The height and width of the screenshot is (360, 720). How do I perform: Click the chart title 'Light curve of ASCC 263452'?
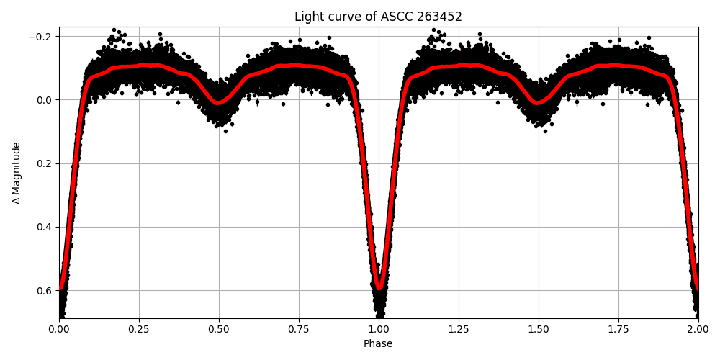point(378,17)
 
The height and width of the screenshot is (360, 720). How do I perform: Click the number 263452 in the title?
point(436,17)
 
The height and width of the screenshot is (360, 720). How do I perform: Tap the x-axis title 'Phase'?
point(378,344)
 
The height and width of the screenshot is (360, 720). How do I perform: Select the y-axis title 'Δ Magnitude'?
point(17,173)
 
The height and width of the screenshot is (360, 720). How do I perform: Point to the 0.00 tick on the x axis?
point(59,329)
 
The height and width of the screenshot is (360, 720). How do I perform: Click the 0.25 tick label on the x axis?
point(139,329)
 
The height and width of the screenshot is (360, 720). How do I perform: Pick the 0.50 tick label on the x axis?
point(219,329)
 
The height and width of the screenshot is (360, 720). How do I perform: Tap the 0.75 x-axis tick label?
point(299,329)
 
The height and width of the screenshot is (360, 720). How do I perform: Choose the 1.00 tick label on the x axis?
point(379,329)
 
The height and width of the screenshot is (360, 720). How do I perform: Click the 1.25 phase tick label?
point(459,329)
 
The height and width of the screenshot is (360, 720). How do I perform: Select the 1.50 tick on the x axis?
point(538,329)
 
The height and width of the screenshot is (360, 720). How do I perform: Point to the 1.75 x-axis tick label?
point(618,329)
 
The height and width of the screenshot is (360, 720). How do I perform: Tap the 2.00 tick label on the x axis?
point(698,329)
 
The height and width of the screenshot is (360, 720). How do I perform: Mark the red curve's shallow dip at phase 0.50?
point(219,103)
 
